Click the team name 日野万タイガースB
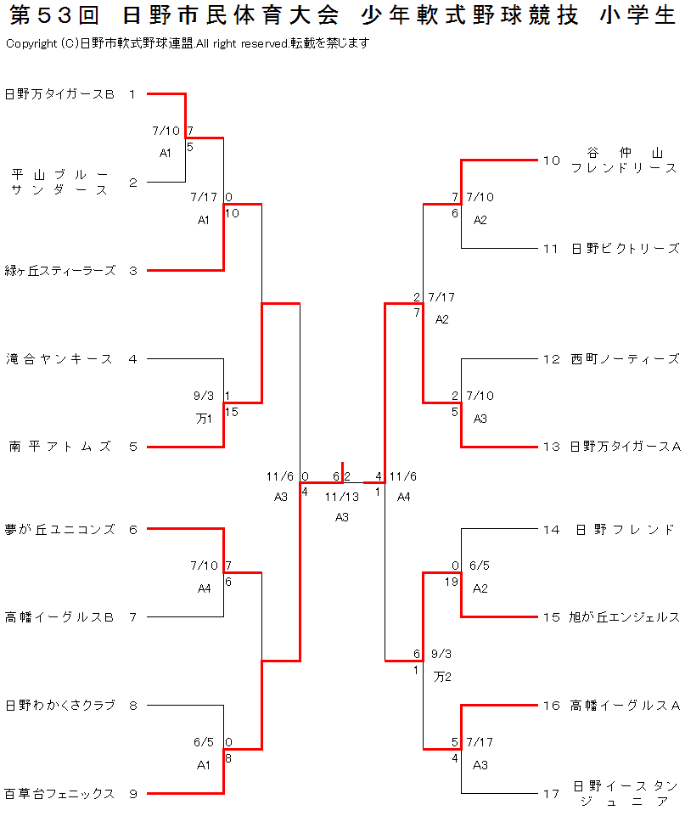point(59,94)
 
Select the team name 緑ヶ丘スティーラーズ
point(60,271)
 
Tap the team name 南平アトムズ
point(60,447)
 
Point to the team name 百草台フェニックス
point(59,794)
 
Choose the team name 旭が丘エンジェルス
point(625,617)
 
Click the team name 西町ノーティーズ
point(625,359)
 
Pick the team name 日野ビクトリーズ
point(625,249)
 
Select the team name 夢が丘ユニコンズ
point(59,529)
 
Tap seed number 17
point(552,794)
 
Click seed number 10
point(552,160)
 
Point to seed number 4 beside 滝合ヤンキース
point(132,359)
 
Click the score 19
point(452,582)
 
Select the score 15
point(232,412)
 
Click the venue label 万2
point(441,677)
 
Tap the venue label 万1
point(204,418)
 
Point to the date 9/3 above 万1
point(204,396)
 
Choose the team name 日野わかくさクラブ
point(59,706)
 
